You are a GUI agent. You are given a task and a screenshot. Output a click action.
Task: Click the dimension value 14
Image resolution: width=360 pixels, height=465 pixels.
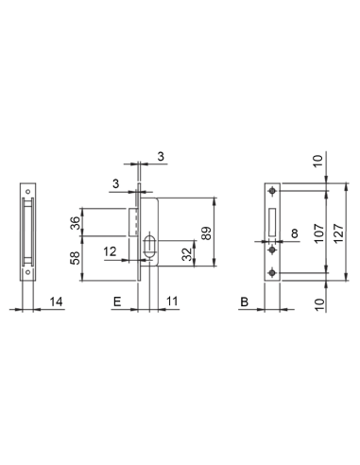click(x=57, y=301)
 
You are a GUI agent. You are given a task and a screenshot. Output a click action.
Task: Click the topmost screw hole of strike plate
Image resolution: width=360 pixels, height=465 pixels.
click(x=272, y=193)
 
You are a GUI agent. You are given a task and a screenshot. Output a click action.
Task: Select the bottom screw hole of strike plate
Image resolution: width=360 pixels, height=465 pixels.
click(x=272, y=274)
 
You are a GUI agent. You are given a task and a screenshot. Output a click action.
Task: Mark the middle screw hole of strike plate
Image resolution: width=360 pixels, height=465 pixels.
click(x=272, y=250)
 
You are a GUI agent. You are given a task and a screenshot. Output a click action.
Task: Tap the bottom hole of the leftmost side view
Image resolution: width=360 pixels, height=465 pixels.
click(x=27, y=274)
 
